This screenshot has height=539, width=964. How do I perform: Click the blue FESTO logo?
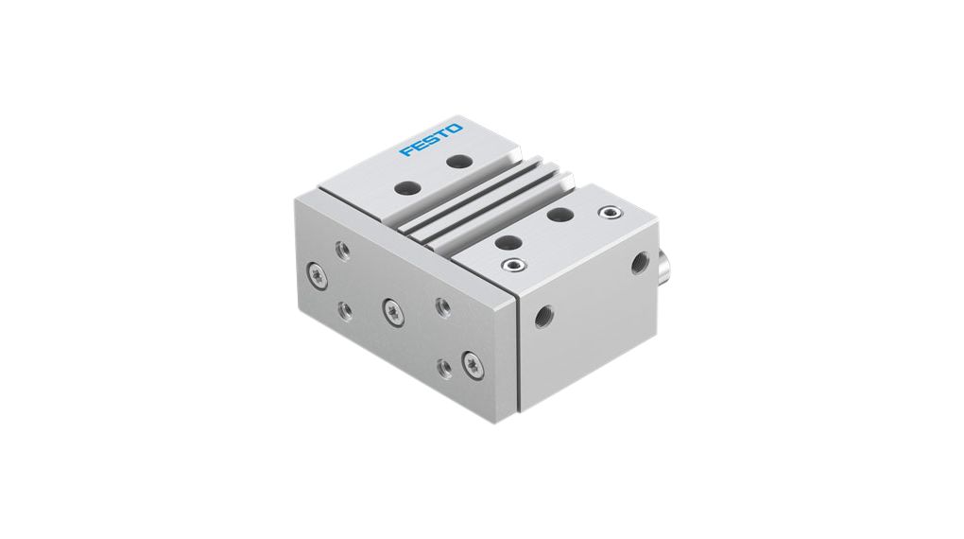pyautogui.click(x=431, y=139)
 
